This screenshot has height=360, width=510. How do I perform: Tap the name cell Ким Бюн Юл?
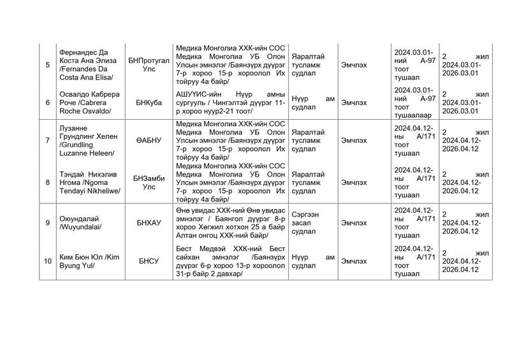(x=89, y=261)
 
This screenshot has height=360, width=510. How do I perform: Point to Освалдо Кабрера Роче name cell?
(x=89, y=102)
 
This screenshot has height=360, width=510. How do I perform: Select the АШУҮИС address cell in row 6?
(x=229, y=102)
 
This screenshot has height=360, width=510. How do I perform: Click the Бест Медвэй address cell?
(x=229, y=261)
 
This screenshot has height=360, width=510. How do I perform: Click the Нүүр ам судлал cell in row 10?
(x=312, y=261)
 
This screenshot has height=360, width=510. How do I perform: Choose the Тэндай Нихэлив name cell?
(x=89, y=182)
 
